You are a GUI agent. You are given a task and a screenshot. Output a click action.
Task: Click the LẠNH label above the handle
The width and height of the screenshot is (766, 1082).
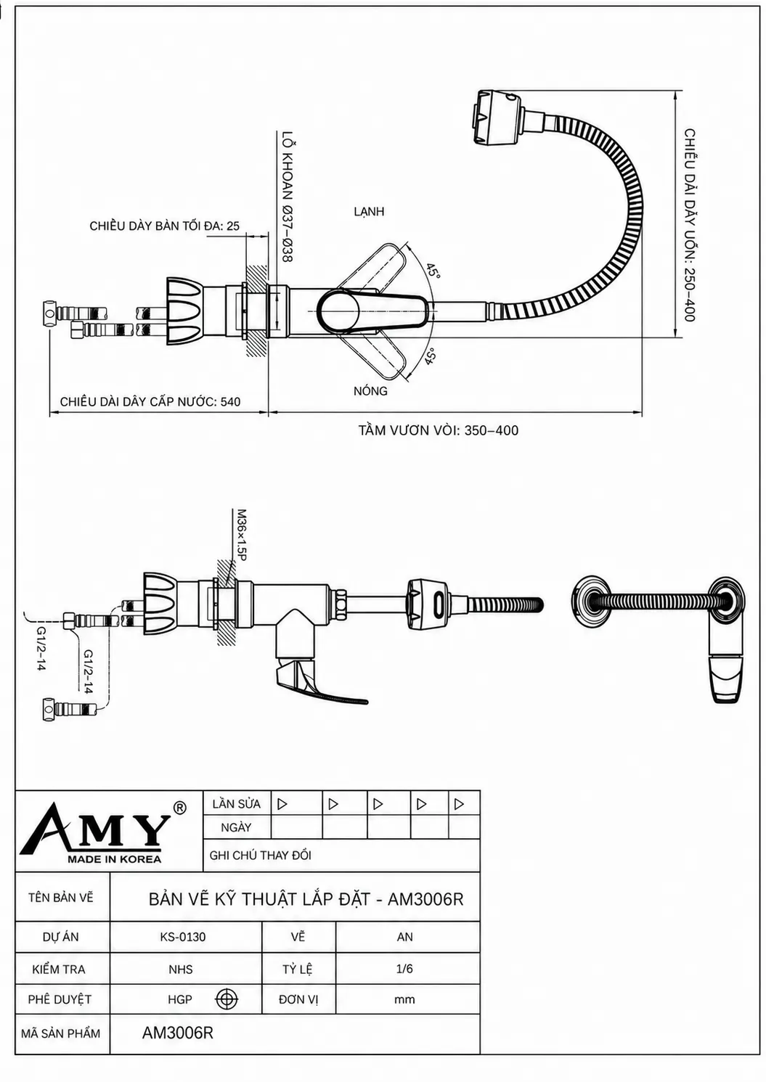point(369,212)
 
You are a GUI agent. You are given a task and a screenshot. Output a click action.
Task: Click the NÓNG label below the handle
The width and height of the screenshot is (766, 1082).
point(370,390)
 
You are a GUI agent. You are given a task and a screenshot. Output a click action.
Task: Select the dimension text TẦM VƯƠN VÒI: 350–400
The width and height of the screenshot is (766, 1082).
point(439,430)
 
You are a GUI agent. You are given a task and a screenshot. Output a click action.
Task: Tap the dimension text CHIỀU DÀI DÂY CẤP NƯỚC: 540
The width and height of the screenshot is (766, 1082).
point(150,402)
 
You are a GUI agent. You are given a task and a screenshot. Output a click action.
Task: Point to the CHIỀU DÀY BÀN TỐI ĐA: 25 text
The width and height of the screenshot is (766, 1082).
point(164,226)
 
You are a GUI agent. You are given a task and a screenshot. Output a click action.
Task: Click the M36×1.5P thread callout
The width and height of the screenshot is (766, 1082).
point(240,535)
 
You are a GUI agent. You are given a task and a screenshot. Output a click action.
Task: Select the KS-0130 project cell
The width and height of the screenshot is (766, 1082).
point(183,937)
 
